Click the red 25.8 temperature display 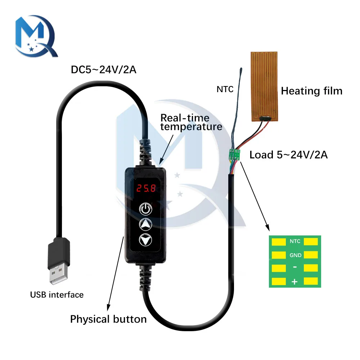click(x=145, y=188)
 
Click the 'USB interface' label click(x=57, y=295)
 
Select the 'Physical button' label click(x=108, y=319)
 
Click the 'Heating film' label click(x=311, y=91)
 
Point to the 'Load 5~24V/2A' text click(x=288, y=155)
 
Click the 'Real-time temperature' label click(x=191, y=122)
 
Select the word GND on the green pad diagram click(x=295, y=255)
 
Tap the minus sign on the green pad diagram click(x=294, y=268)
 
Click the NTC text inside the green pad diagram click(x=295, y=242)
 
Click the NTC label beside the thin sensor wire click(x=225, y=89)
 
